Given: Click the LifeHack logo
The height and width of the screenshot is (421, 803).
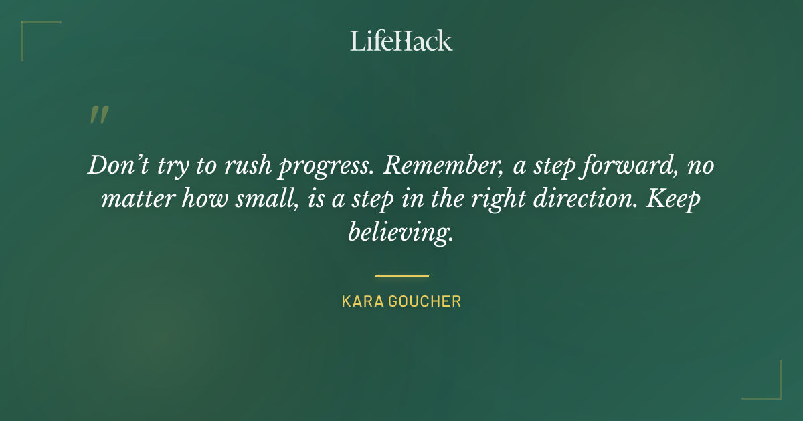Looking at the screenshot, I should (401, 41).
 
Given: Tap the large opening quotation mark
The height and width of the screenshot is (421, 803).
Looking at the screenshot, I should (98, 116).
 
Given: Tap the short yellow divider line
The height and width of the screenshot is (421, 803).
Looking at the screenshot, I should (401, 275).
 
